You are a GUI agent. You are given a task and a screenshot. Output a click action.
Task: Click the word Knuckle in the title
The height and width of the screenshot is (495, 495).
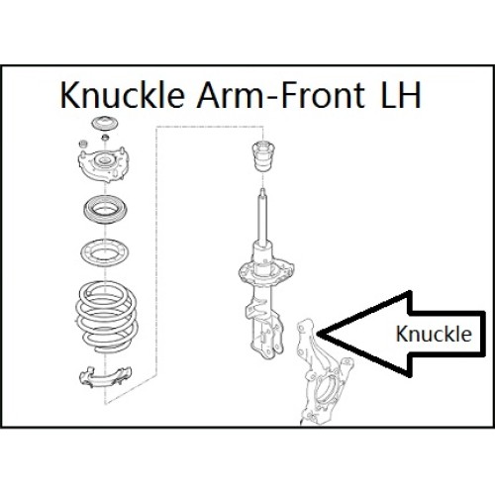point(122,95)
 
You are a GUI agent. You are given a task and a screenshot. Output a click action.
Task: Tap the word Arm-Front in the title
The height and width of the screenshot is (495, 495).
point(281,95)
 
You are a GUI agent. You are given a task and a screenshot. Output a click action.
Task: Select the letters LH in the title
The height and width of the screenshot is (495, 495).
point(401,95)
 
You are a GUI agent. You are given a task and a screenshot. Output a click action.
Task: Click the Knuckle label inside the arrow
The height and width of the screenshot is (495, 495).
point(434,334)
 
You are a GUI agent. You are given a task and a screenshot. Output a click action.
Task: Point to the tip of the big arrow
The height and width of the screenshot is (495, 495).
point(318,334)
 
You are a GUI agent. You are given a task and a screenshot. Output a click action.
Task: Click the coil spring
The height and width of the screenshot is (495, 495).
point(106,317)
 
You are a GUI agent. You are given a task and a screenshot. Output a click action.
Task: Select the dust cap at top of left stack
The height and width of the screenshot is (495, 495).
point(105,124)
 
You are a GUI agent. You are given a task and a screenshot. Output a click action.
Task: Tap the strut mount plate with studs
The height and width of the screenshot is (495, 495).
point(103,164)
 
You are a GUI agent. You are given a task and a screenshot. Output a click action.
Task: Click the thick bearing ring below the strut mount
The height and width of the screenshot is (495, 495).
point(106,210)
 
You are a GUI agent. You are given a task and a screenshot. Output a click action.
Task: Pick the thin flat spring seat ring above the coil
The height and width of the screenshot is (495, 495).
point(105,252)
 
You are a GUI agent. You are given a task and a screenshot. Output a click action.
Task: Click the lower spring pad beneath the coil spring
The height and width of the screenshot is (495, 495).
point(105,376)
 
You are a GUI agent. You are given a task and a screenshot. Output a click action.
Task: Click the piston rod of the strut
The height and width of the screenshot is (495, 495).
point(262,218)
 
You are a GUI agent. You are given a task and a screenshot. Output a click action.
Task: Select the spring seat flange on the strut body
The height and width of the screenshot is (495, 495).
point(266,272)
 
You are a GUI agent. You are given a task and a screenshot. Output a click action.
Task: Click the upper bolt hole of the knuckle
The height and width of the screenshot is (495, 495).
point(301,328)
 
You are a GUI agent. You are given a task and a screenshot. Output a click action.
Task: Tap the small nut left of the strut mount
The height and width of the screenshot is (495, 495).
point(83,144)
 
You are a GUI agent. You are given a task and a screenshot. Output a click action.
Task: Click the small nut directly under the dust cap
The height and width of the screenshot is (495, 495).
point(105,137)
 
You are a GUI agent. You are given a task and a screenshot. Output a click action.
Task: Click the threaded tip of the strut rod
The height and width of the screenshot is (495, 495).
point(262,192)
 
